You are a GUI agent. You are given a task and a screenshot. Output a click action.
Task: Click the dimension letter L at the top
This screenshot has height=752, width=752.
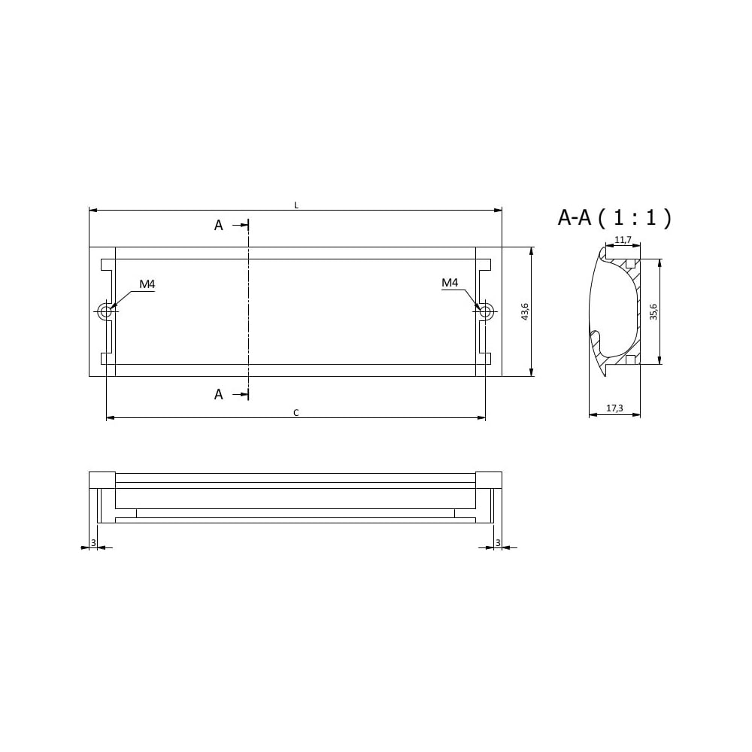pos(296,205)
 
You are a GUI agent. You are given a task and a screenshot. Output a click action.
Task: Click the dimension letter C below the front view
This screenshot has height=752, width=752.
pos(296,412)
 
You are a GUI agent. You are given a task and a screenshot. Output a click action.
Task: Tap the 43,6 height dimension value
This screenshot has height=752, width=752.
pos(525,311)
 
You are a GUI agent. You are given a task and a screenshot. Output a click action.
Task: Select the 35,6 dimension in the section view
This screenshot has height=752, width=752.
pos(653,312)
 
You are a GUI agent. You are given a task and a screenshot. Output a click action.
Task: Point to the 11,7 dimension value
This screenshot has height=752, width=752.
pos(623,239)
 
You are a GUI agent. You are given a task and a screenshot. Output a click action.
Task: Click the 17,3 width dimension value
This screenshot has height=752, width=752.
pos(614,408)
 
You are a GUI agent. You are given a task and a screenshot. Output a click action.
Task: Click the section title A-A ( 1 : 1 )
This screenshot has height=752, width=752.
pos(614,217)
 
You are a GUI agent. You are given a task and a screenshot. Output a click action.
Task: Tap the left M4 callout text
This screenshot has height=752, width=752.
pos(147,284)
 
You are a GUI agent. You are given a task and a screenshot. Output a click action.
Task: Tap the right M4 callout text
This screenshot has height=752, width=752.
pos(450,283)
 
